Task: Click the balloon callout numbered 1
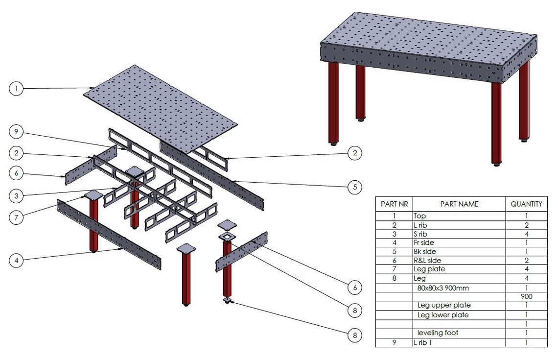point(16,89)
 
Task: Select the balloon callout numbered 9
point(16,132)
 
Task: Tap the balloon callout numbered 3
point(16,195)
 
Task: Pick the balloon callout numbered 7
point(16,217)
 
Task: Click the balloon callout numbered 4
point(16,261)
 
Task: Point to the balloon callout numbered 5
point(354,187)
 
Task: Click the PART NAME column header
point(459,204)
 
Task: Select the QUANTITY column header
point(526,204)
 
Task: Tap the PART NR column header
point(394,204)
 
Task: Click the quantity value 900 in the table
point(526,296)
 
